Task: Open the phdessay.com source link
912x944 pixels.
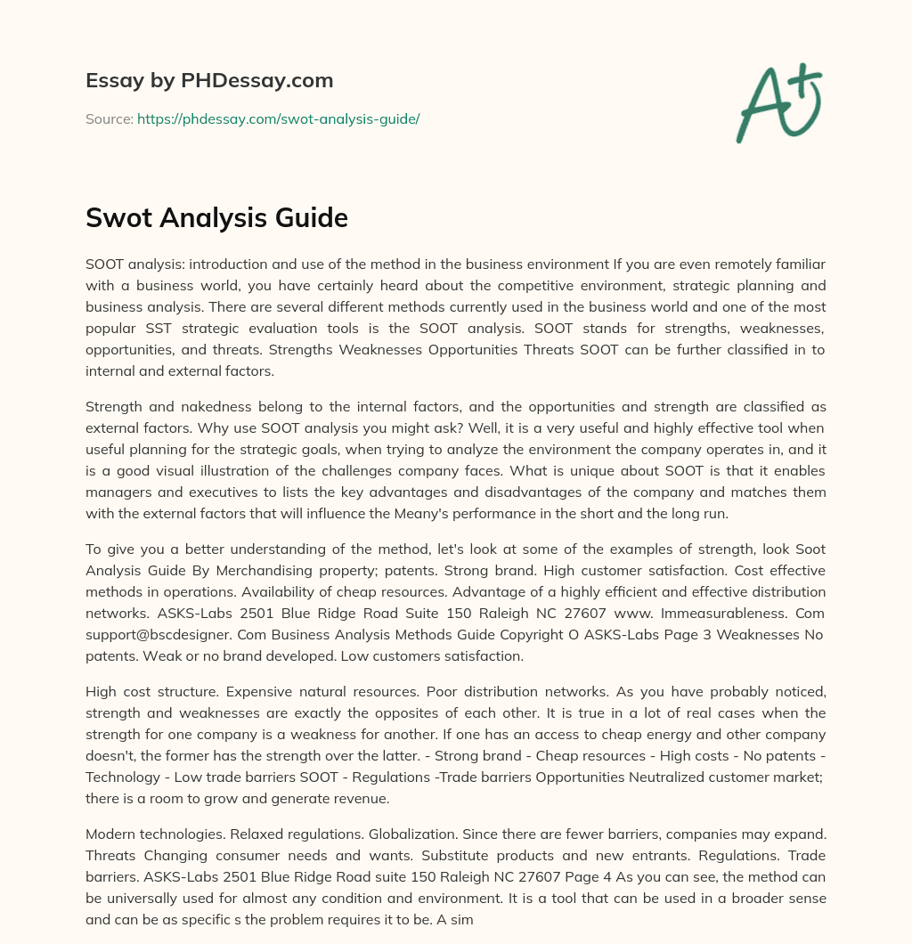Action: [x=278, y=118]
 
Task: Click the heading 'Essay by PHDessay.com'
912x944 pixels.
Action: [x=209, y=81]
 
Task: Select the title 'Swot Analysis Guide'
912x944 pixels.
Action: [x=216, y=217]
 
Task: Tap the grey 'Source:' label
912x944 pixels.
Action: [x=109, y=118]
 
